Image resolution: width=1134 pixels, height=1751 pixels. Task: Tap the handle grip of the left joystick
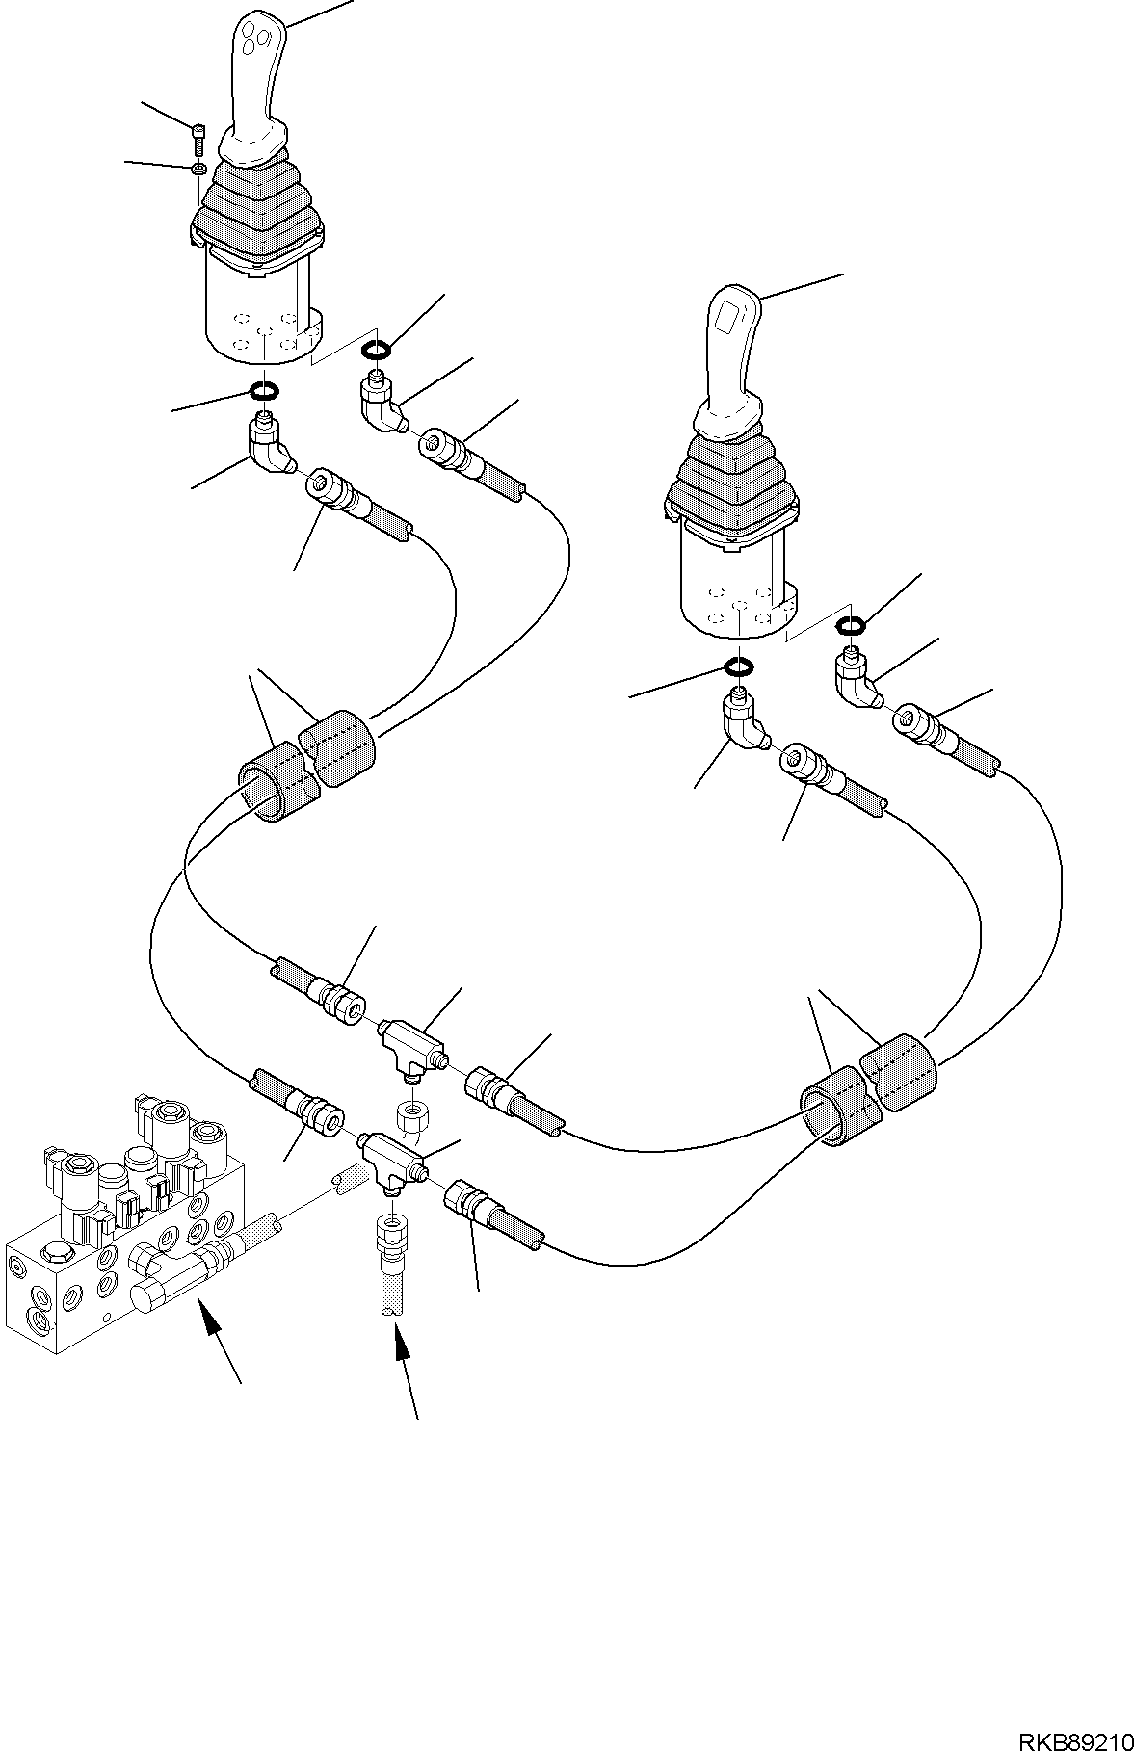(254, 77)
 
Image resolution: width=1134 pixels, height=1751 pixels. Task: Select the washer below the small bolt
(197, 169)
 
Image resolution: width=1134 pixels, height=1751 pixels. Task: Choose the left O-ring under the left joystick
(264, 390)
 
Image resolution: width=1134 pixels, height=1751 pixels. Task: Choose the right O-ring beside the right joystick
(849, 627)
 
